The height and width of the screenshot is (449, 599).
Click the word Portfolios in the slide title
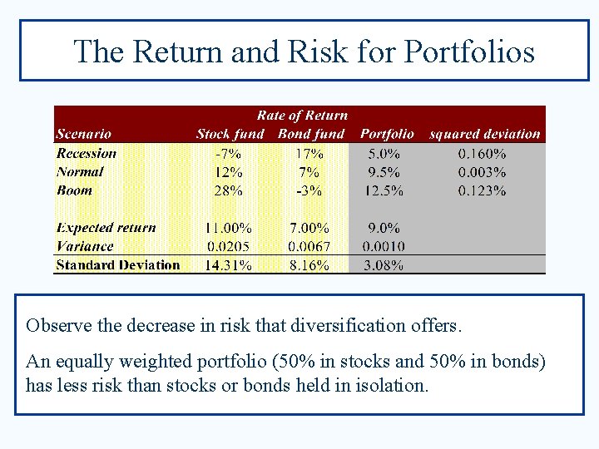[469, 52]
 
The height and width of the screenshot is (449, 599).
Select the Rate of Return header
[302, 116]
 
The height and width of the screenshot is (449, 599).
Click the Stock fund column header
[230, 134]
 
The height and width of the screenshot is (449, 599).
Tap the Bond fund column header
[311, 134]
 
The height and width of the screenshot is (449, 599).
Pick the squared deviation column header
[484, 134]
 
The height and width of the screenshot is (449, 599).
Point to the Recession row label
[87, 153]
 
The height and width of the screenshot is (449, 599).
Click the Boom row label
[74, 190]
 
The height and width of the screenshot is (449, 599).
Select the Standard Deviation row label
[117, 265]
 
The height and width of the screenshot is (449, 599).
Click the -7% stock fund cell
[228, 154]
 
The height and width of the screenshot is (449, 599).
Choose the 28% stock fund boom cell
[228, 190]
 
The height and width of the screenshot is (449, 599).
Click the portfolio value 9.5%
[383, 172]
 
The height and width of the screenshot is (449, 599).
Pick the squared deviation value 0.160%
[482, 154]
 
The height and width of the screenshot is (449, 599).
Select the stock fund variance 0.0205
[227, 247]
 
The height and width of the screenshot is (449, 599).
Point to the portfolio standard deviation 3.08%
[383, 266]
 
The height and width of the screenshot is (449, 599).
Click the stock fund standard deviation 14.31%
[227, 266]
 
